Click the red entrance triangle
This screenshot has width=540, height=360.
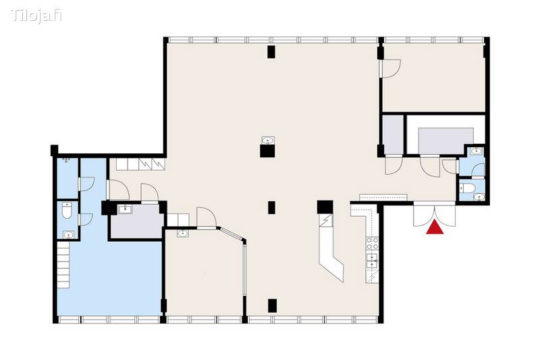(x=435, y=228)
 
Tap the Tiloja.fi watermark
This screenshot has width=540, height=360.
(x=36, y=16)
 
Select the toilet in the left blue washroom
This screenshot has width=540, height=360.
(x=67, y=211)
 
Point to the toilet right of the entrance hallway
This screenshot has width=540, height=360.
(x=468, y=188)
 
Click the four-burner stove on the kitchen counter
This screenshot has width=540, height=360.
(x=372, y=243)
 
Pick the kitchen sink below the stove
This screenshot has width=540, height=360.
(x=372, y=260)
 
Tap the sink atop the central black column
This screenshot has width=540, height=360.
(x=267, y=140)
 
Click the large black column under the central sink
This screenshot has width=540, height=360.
(x=267, y=151)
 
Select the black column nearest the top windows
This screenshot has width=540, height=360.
(x=271, y=52)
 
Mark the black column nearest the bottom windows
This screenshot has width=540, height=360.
(x=272, y=305)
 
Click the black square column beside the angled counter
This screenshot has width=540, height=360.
(x=325, y=207)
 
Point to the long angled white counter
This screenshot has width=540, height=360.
(x=330, y=248)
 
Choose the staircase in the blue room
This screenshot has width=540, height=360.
(x=63, y=265)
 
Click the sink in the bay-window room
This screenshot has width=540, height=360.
(x=182, y=234)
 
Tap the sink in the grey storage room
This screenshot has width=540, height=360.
(x=126, y=209)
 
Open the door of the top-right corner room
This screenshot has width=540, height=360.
(x=390, y=69)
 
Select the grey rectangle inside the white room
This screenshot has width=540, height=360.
(x=446, y=140)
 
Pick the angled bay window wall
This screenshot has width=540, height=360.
(x=232, y=234)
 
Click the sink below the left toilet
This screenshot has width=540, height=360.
(x=69, y=235)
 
